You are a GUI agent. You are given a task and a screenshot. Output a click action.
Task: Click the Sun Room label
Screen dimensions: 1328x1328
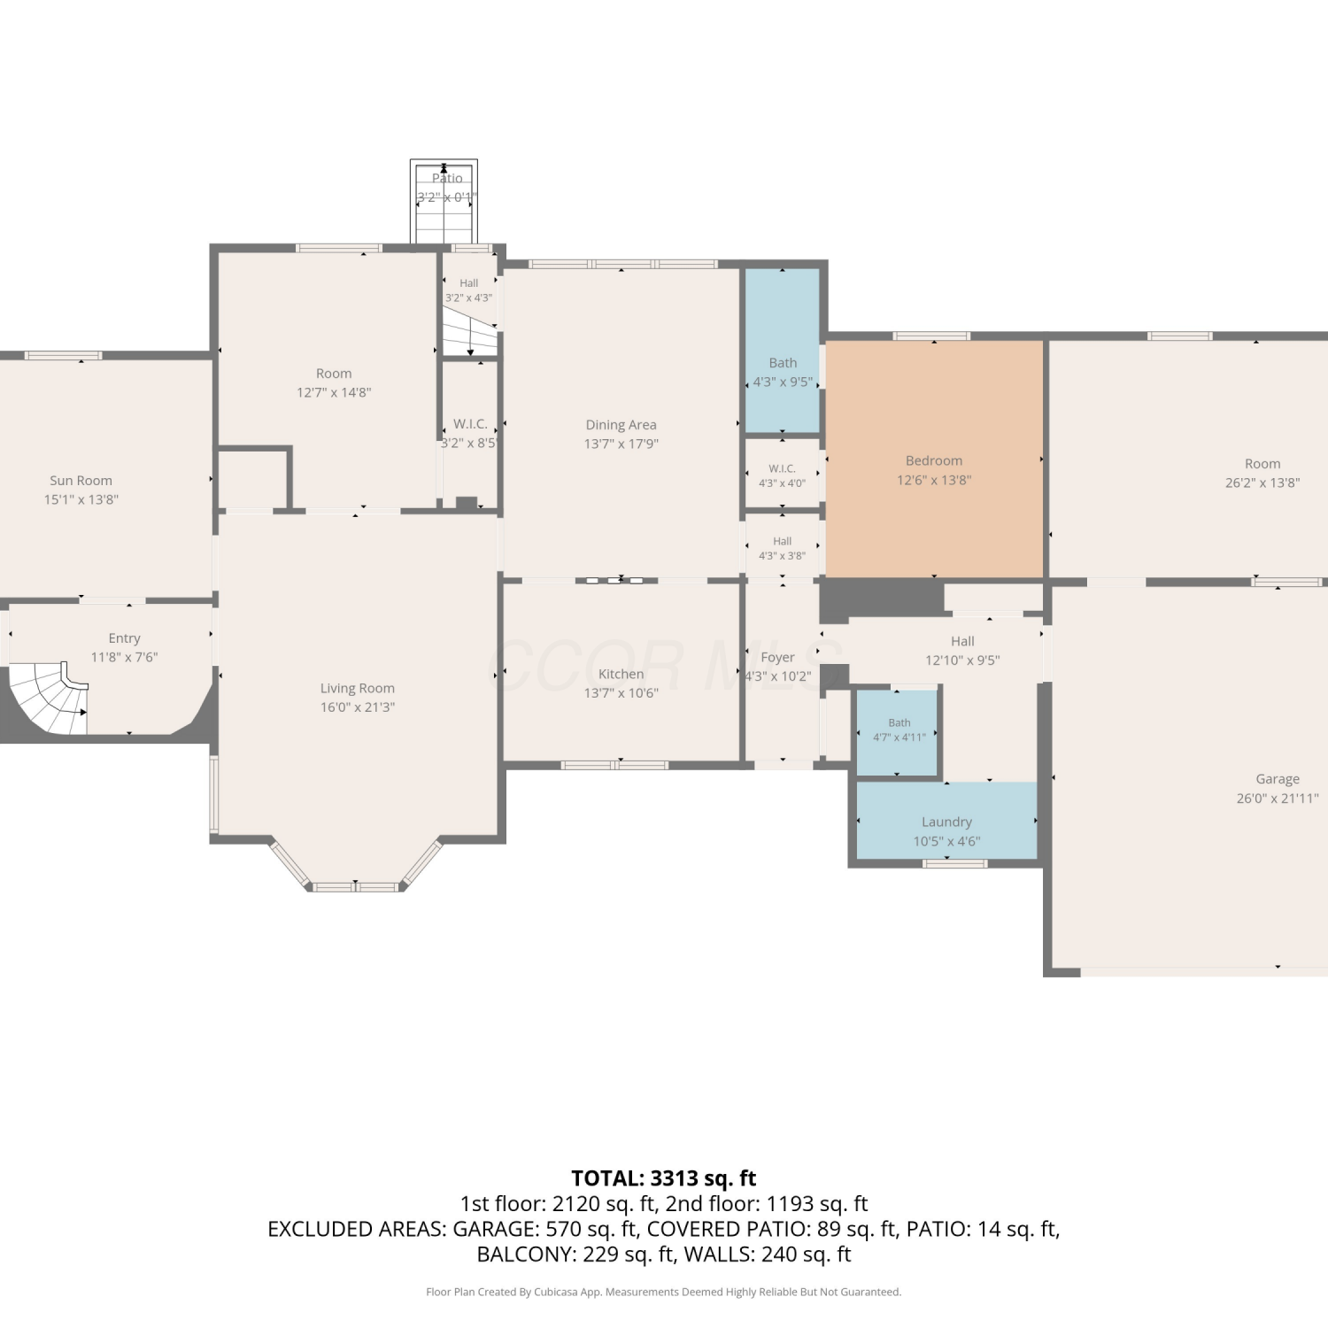[x=81, y=481]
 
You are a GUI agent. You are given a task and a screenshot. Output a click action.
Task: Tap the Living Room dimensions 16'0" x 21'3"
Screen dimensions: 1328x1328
[x=358, y=706]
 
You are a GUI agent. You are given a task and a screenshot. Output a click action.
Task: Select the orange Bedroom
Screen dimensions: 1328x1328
[x=934, y=459]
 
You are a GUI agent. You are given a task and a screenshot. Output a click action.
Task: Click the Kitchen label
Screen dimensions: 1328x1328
[x=621, y=674]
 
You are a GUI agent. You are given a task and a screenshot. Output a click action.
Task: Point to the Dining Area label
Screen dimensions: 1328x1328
[x=621, y=425]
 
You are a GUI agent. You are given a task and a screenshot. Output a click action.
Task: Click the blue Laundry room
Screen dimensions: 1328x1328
[x=946, y=821]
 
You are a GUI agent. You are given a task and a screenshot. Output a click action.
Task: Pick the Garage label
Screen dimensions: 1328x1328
[x=1278, y=779]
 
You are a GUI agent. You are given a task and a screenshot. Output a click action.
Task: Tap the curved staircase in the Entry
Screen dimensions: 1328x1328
[x=49, y=698]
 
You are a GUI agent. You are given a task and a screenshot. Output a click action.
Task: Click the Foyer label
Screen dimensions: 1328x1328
[x=777, y=657]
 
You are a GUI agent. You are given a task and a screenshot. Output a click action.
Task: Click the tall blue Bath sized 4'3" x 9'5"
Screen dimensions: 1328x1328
[x=782, y=351]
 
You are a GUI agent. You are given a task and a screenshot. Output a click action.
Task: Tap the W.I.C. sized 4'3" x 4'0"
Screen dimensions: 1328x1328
[x=782, y=475]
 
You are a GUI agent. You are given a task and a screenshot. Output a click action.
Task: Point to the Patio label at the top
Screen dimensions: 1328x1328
[x=447, y=178]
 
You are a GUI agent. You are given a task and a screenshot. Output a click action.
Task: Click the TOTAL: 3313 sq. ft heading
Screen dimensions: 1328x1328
[x=664, y=1178]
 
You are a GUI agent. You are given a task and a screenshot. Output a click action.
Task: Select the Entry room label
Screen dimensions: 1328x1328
[x=124, y=638]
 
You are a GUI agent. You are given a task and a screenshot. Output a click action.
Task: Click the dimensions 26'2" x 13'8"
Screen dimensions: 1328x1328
[x=1262, y=483]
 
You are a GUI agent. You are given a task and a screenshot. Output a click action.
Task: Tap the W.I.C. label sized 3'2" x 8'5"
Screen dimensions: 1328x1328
[x=470, y=424]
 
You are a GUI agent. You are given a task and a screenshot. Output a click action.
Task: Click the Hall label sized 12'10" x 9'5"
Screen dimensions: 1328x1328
[x=962, y=641]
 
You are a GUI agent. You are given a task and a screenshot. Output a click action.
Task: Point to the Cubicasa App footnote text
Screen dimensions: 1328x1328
[x=664, y=1292]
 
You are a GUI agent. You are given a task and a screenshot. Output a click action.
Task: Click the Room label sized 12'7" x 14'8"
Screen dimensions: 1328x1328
[x=334, y=374]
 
